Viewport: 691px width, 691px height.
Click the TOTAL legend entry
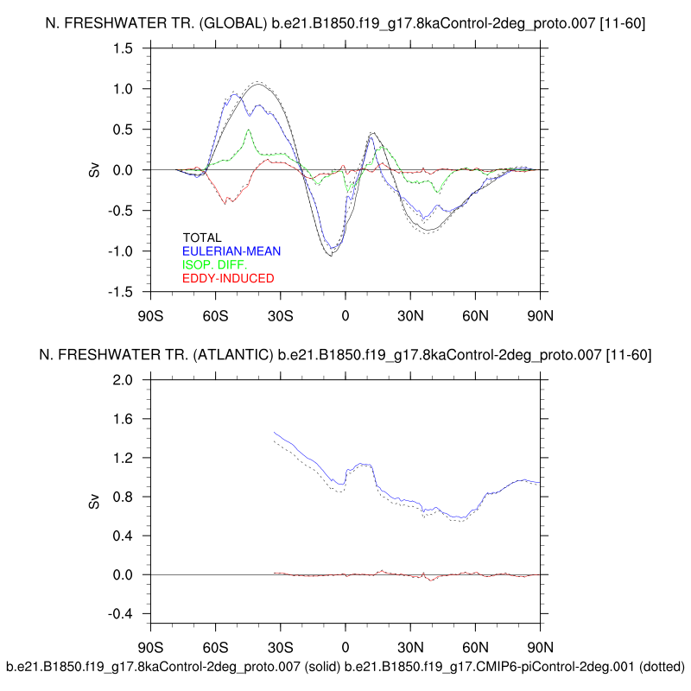pyautogui.click(x=202, y=238)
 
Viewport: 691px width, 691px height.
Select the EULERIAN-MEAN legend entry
pyautogui.click(x=231, y=251)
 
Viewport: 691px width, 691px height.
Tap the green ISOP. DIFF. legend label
pyautogui.click(x=215, y=265)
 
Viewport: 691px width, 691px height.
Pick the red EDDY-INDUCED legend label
pyautogui.click(x=228, y=279)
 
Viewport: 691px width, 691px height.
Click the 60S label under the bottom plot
pyautogui.click(x=216, y=647)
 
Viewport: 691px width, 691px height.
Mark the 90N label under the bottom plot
pyautogui.click(x=540, y=647)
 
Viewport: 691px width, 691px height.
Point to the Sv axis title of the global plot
pyautogui.click(x=94, y=170)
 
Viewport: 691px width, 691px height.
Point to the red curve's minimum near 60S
pyautogui.click(x=226, y=203)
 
